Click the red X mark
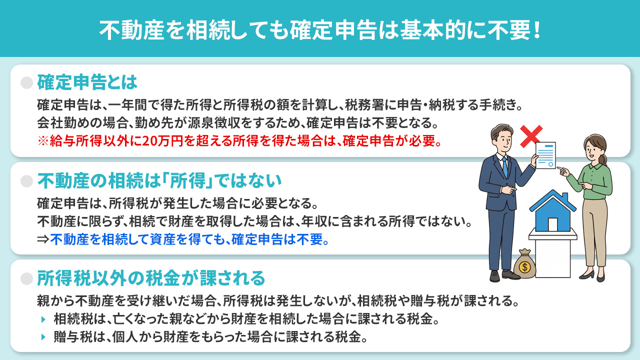(531, 136)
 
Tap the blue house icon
(552, 210)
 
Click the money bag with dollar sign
(524, 264)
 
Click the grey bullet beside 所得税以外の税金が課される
(26, 278)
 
